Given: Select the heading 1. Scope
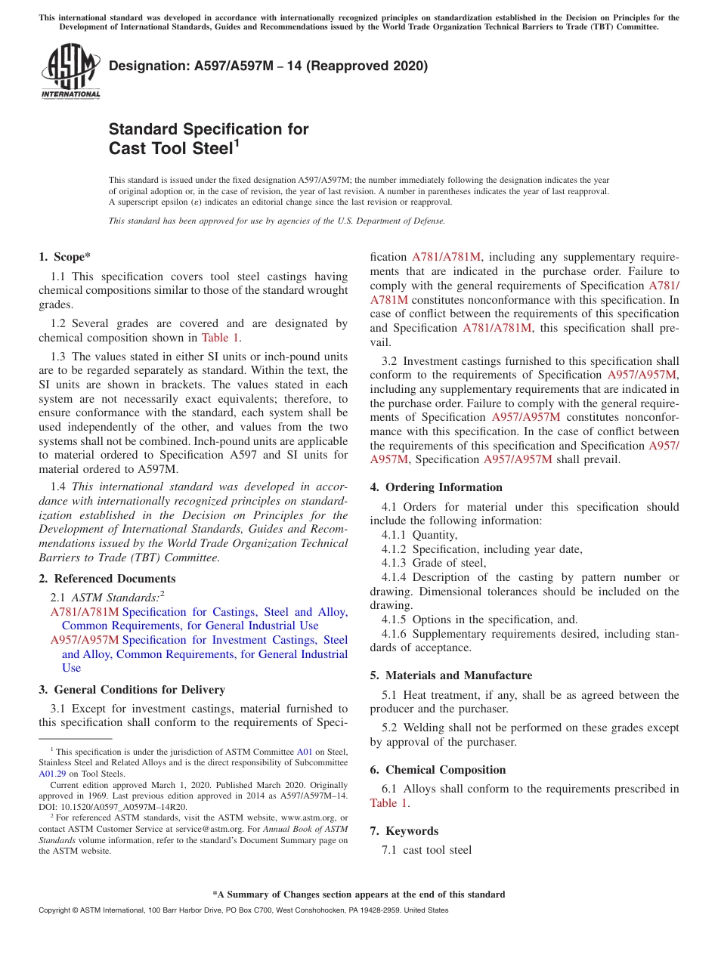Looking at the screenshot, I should tap(65, 257).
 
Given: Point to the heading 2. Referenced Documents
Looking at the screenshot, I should tap(107, 579).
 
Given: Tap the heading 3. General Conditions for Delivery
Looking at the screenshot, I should tap(132, 690).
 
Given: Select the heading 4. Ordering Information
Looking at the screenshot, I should tap(436, 487).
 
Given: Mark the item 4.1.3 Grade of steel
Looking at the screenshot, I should tap(434, 563).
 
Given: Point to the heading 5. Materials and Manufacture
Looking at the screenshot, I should tap(451, 675).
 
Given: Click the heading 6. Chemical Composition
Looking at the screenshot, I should tap(438, 770).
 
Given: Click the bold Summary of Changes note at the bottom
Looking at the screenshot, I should tap(358, 895).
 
